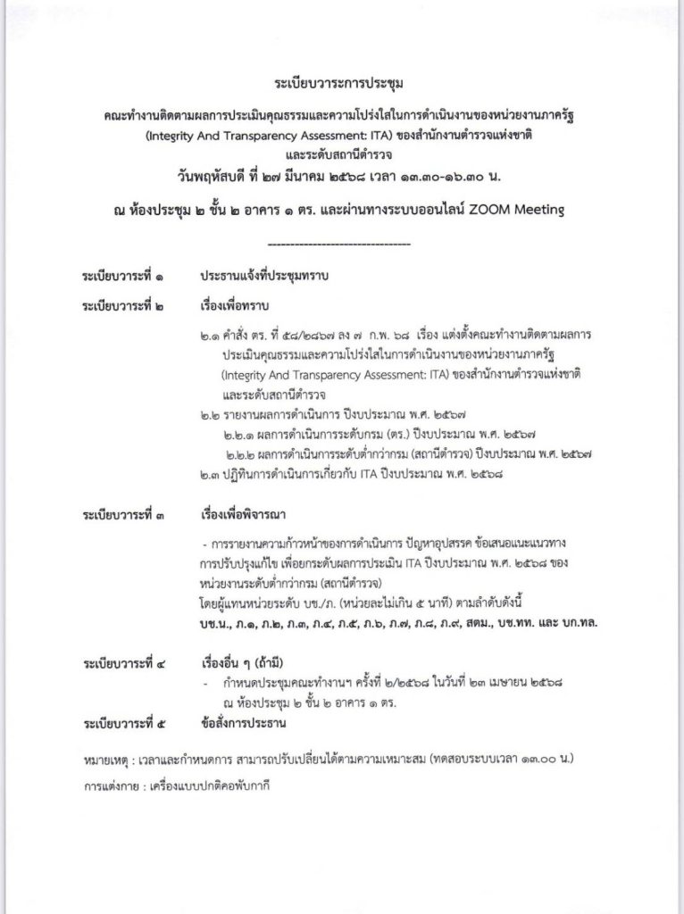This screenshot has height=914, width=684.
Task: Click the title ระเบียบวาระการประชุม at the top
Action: [341, 87]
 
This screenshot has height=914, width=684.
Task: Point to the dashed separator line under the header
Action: [339, 242]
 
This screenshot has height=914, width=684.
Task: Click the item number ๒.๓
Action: [213, 475]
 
